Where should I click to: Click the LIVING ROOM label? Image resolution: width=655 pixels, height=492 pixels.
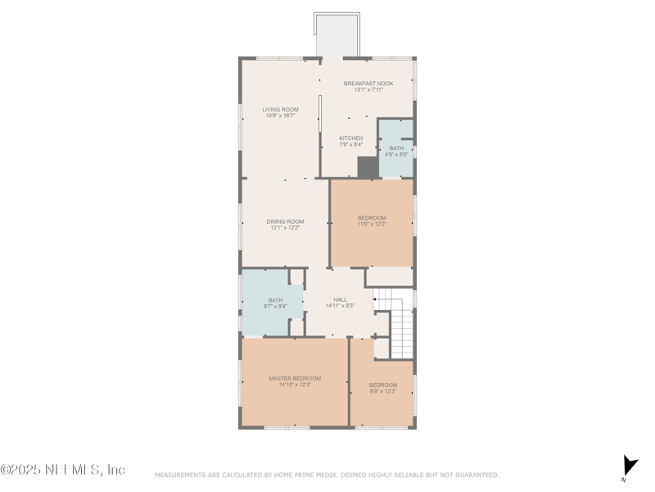[280, 109]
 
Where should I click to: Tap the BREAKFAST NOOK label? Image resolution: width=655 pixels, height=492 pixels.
[368, 84]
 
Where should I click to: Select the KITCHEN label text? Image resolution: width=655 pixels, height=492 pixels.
[351, 138]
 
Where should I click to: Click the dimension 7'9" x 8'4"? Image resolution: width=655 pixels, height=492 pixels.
[351, 144]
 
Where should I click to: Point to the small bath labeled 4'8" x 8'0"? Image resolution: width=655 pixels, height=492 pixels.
[396, 151]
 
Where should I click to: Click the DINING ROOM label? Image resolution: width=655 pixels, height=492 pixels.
[285, 221]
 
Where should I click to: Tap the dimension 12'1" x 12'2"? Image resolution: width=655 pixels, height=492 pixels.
[285, 228]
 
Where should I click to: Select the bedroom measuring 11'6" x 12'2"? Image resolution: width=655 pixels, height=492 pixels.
[372, 221]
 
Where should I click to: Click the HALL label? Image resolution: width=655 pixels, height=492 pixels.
[339, 299]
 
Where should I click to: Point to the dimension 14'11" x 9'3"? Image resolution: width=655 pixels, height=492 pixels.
[339, 306]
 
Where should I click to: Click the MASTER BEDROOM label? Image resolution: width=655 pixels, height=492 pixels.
[295, 378]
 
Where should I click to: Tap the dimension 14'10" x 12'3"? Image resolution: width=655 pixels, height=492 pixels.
[295, 385]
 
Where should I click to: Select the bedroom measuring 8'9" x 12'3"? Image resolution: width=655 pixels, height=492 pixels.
[382, 388]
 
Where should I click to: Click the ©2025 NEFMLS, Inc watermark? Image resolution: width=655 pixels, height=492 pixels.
[63, 470]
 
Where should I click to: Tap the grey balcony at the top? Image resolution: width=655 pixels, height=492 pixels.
[337, 36]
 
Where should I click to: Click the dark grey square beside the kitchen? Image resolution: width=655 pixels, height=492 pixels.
[368, 167]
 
